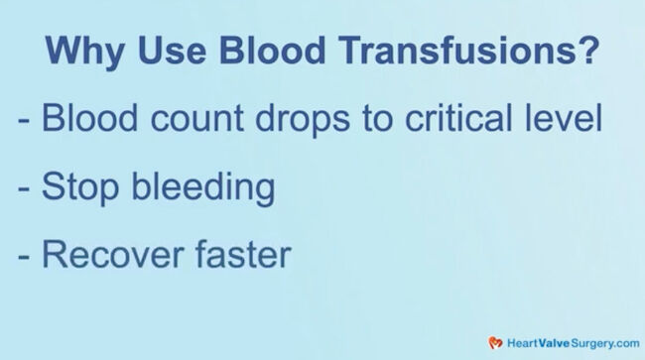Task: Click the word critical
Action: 471,120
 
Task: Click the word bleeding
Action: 203,187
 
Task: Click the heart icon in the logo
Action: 495,342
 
